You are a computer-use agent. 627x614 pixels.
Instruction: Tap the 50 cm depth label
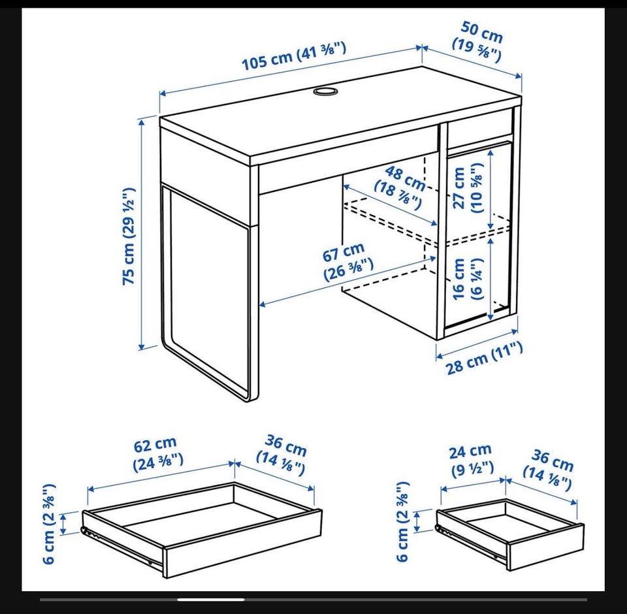(479, 42)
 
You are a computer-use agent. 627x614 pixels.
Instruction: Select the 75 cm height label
(129, 236)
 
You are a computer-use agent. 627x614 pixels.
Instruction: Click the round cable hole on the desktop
(325, 91)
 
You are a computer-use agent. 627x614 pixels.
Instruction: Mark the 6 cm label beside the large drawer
(48, 524)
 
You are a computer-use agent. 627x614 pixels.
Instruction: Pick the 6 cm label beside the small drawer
(403, 522)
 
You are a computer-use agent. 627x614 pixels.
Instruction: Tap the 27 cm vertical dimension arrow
(491, 189)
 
